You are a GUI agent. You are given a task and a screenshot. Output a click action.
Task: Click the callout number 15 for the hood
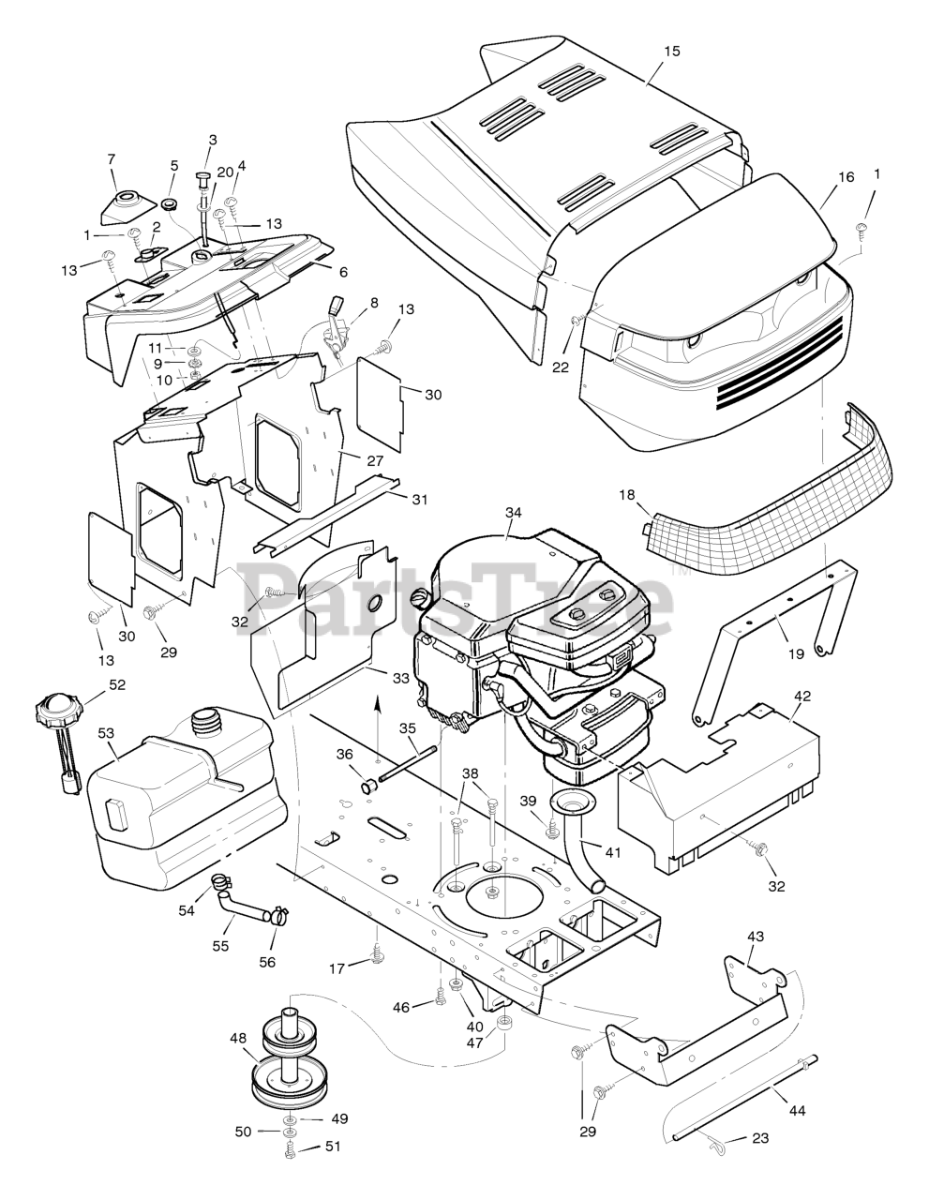coord(672,51)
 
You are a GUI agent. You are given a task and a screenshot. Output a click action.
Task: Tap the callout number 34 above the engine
coord(513,512)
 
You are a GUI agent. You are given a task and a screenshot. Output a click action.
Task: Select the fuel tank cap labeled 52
coord(58,714)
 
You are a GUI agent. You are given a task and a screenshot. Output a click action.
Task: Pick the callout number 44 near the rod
coord(797,1110)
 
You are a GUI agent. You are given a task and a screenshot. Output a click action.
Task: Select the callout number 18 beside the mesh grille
coord(627,494)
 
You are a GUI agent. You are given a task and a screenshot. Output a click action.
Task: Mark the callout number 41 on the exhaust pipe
coord(613,852)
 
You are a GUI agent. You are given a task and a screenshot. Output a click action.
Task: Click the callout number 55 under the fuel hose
coord(220,946)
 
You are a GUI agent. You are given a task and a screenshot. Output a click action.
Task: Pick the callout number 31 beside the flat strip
coord(420,500)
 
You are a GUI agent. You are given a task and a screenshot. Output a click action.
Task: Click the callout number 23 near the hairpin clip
coord(759,1138)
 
